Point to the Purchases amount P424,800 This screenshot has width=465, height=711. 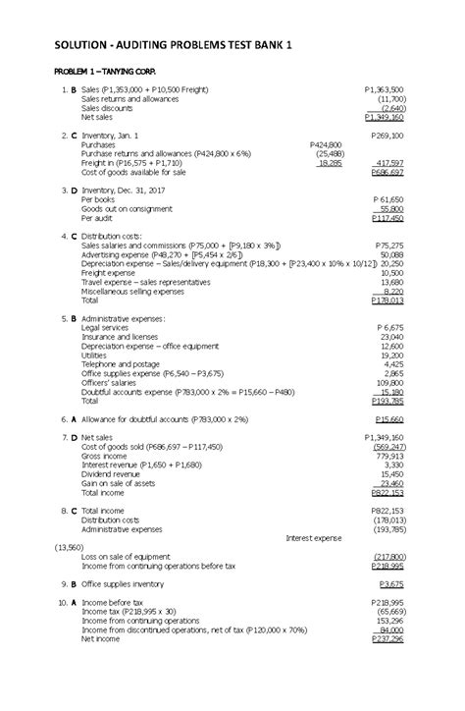coord(325,143)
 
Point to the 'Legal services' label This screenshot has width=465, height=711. coord(105,327)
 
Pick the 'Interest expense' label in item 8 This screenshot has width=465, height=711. coord(313,537)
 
